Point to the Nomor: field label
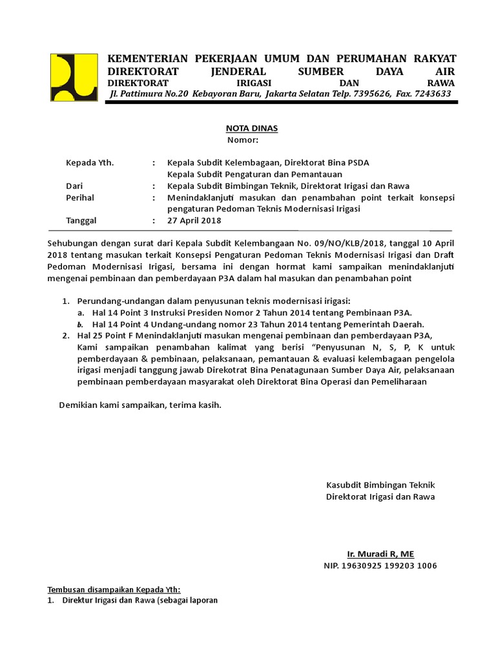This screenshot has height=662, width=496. [x=243, y=140]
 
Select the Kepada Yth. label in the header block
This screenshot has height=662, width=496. [x=90, y=162]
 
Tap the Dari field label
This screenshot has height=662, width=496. [x=75, y=186]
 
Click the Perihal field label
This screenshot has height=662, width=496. [x=80, y=197]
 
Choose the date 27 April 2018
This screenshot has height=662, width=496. [x=194, y=220]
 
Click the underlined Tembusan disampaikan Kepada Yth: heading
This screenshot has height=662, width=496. [x=115, y=589]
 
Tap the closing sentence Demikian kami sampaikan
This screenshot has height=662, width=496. [x=140, y=405]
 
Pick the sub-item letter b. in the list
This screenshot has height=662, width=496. [x=81, y=324]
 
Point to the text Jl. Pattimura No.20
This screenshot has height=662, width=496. [x=149, y=94]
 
